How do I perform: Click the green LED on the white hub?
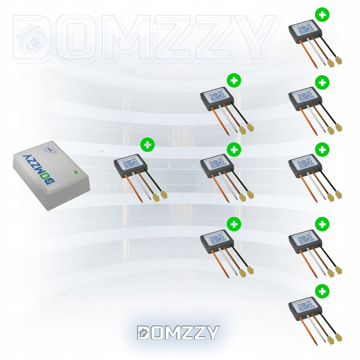tap(75, 172)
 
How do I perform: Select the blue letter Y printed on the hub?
tap(26, 155)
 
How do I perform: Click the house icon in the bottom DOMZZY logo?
tap(143, 333)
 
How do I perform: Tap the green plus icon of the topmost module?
tap(322, 15)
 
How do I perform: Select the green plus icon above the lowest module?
tap(322, 291)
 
